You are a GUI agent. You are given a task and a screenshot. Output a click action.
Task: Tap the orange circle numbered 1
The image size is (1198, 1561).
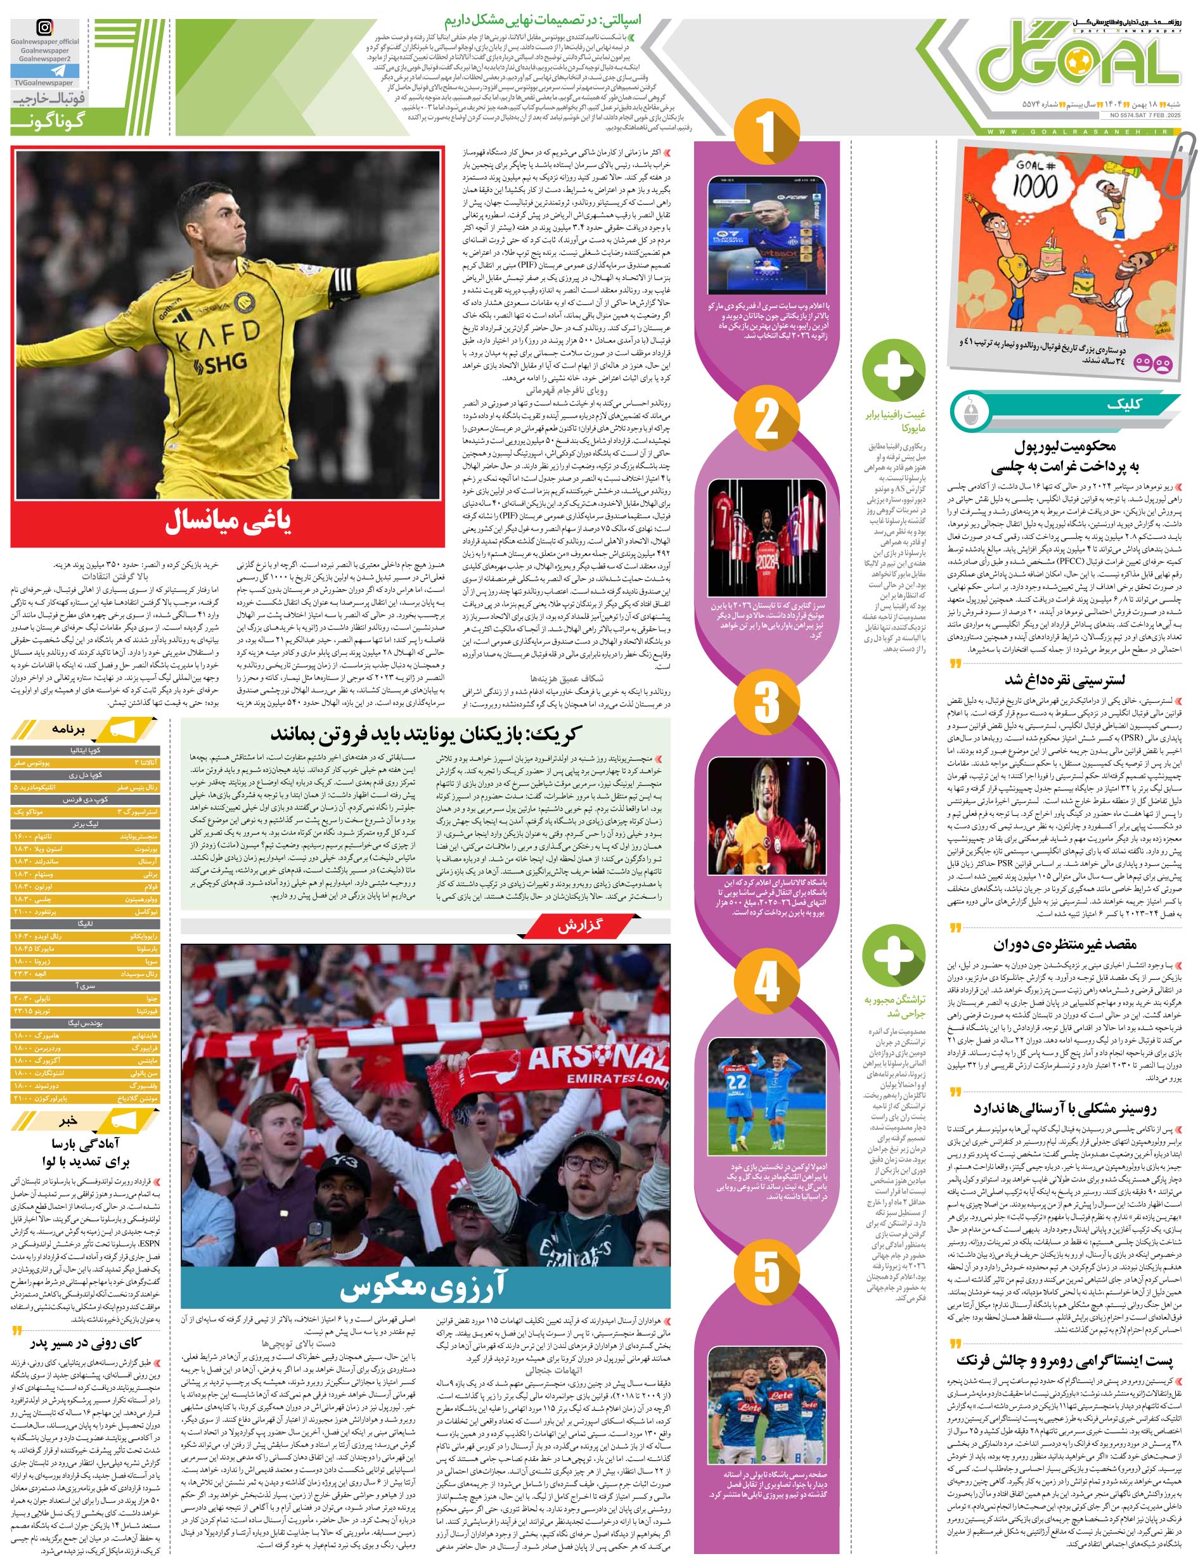click(766, 132)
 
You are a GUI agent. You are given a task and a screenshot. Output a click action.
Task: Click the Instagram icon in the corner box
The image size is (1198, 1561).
click(44, 29)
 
